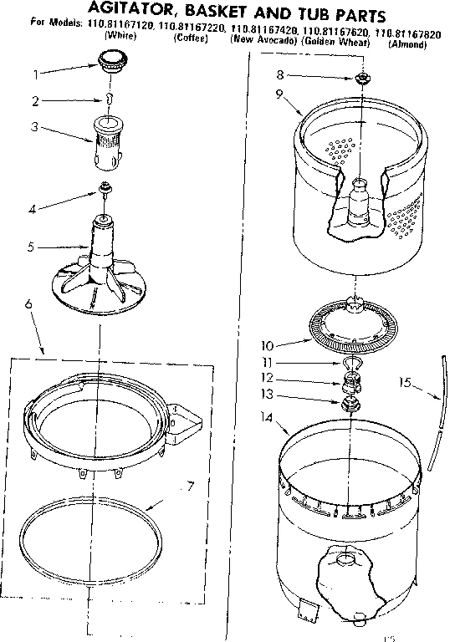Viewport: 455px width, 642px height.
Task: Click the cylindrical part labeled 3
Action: [x=108, y=139]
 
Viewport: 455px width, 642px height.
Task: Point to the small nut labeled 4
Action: [x=105, y=187]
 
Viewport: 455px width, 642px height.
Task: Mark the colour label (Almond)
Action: [x=408, y=43]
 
